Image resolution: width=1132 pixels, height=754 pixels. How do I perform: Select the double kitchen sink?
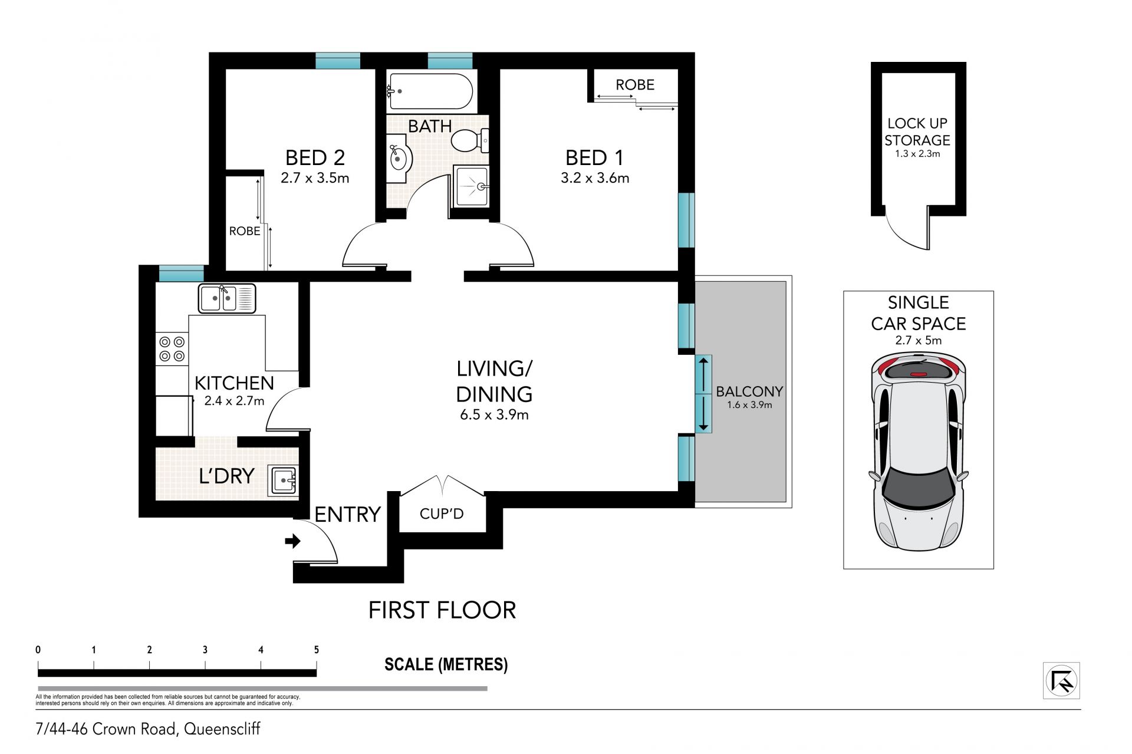click(227, 298)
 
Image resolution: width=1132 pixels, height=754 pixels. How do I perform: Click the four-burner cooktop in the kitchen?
click(172, 348)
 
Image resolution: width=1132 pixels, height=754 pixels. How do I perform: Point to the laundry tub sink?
click(284, 480)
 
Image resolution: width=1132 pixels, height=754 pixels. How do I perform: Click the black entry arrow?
click(293, 541)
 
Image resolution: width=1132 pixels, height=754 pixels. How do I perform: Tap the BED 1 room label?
click(594, 157)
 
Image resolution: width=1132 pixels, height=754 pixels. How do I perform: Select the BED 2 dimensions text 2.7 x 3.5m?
click(315, 177)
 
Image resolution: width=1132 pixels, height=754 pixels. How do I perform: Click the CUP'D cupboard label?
click(442, 513)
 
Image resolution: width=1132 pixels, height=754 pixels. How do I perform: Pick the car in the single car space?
click(918, 452)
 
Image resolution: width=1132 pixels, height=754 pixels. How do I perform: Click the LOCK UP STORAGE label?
click(917, 131)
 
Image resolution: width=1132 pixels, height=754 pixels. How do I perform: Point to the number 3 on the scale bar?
click(205, 650)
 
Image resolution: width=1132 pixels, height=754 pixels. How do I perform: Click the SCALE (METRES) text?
click(446, 664)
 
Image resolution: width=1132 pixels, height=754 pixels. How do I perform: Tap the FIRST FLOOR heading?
click(442, 610)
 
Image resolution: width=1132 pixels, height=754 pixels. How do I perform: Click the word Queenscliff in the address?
click(222, 729)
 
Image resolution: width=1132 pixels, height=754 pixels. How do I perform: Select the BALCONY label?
click(749, 391)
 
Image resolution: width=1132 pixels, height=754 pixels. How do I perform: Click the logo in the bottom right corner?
click(1061, 681)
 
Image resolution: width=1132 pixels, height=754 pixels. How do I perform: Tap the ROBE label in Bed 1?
click(635, 85)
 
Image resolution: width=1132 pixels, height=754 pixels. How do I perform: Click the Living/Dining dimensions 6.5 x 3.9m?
click(494, 414)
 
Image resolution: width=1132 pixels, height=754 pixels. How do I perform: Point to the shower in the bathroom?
click(471, 186)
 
